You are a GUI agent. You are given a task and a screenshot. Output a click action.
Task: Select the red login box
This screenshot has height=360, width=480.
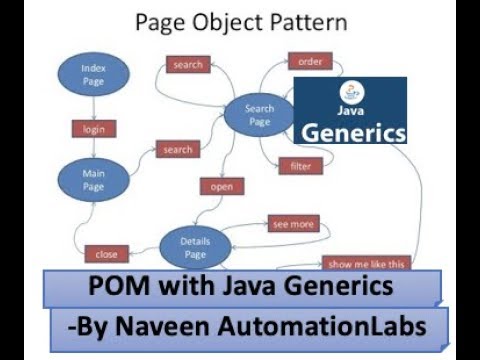(x=94, y=129)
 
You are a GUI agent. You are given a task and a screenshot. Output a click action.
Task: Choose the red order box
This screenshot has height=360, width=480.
(x=310, y=62)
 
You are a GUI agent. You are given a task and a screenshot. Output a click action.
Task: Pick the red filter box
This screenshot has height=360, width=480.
(x=301, y=165)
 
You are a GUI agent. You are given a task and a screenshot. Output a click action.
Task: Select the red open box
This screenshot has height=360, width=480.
(x=222, y=186)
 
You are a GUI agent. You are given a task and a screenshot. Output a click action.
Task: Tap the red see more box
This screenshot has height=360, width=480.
(x=293, y=224)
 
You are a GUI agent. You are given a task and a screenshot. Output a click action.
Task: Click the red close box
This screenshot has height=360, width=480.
(x=106, y=254)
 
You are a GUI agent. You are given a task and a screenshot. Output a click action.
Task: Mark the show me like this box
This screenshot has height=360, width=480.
(x=367, y=264)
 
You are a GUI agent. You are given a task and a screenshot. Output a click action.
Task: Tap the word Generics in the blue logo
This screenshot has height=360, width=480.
(x=354, y=131)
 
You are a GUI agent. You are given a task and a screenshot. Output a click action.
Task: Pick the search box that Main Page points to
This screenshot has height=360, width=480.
(x=177, y=150)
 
